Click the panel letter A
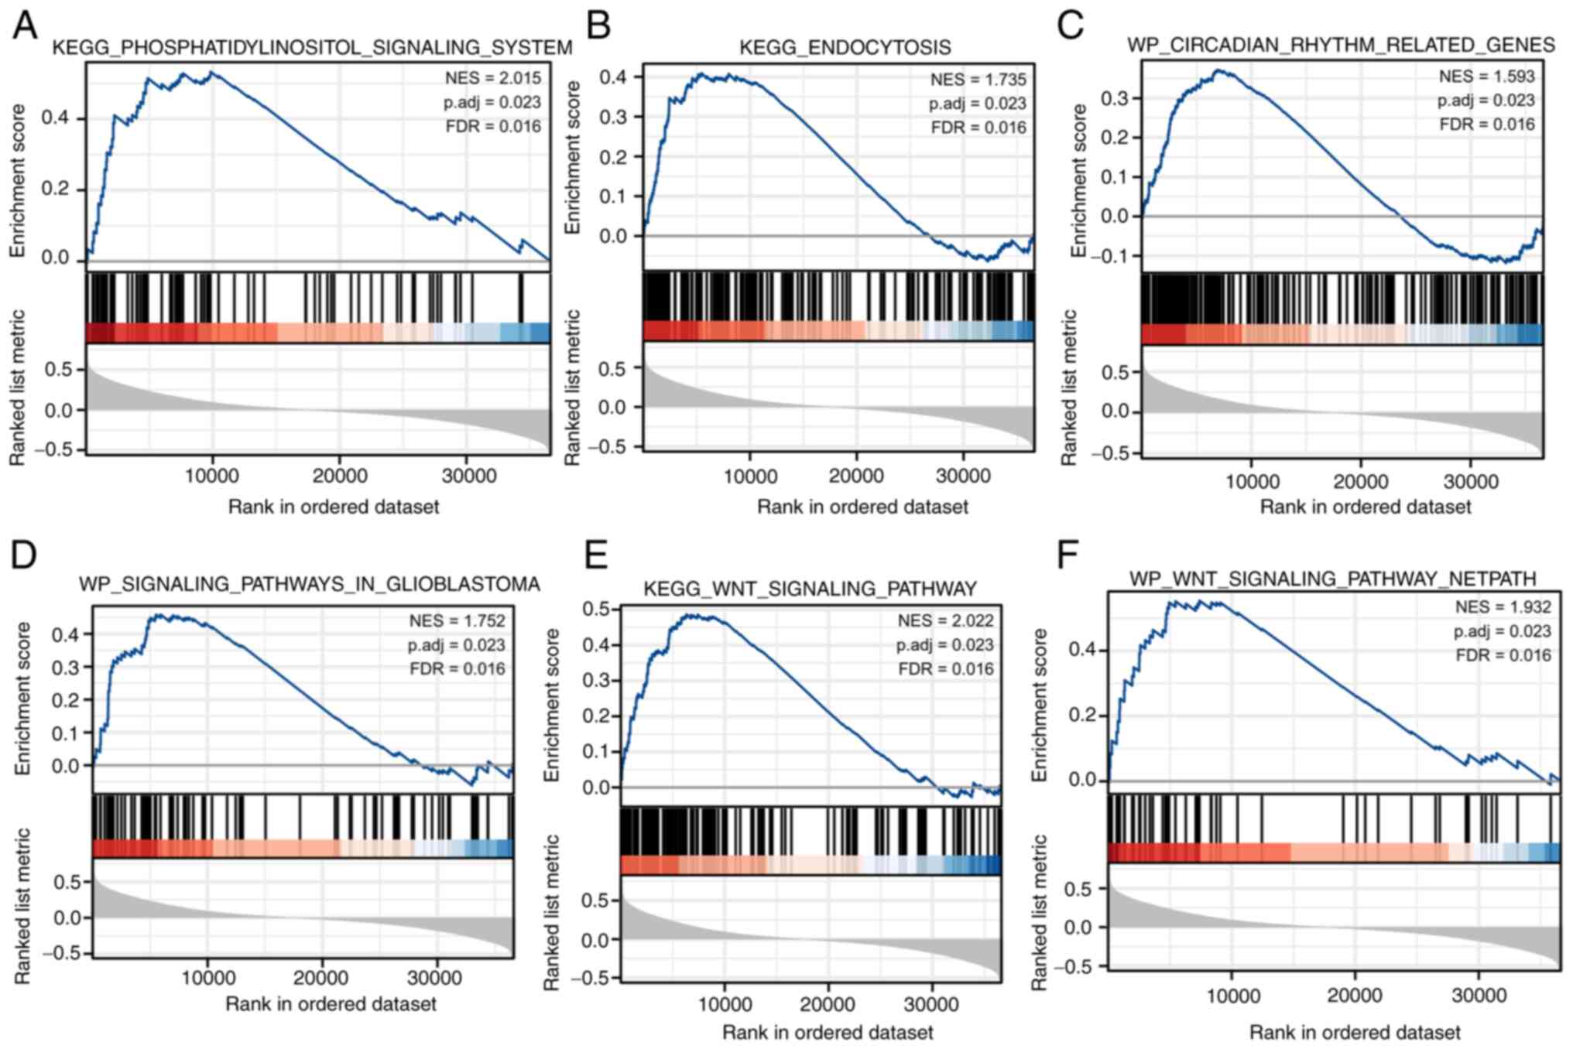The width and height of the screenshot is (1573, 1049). pyautogui.click(x=25, y=26)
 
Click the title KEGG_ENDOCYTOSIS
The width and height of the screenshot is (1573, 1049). pyautogui.click(x=845, y=48)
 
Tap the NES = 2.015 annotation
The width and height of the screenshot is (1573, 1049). pyautogui.click(x=492, y=78)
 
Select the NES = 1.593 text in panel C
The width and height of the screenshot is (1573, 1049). pyautogui.click(x=1486, y=77)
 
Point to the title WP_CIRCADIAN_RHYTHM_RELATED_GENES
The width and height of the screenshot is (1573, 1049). pyautogui.click(x=1340, y=45)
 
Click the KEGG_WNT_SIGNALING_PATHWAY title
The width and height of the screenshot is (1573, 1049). pyautogui.click(x=810, y=589)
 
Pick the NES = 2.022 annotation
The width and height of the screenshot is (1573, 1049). pyautogui.click(x=945, y=621)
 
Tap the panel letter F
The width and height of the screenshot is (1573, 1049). pyautogui.click(x=1068, y=555)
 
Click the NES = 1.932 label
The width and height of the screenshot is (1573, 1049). pyautogui.click(x=1503, y=607)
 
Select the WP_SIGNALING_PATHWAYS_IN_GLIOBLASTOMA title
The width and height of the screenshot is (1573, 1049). pyautogui.click(x=309, y=584)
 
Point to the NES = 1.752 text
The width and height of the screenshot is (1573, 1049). pyautogui.click(x=457, y=621)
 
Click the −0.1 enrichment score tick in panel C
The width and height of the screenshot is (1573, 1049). pyautogui.click(x=1111, y=256)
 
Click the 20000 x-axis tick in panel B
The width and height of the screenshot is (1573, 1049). pyautogui.click(x=855, y=476)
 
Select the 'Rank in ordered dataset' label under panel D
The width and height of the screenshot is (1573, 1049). pyautogui.click(x=331, y=1004)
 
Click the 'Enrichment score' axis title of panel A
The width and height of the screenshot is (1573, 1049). pyautogui.click(x=18, y=180)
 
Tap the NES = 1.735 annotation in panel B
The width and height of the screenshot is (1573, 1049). pyautogui.click(x=978, y=80)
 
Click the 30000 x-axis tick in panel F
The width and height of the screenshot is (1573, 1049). pyautogui.click(x=1478, y=995)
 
